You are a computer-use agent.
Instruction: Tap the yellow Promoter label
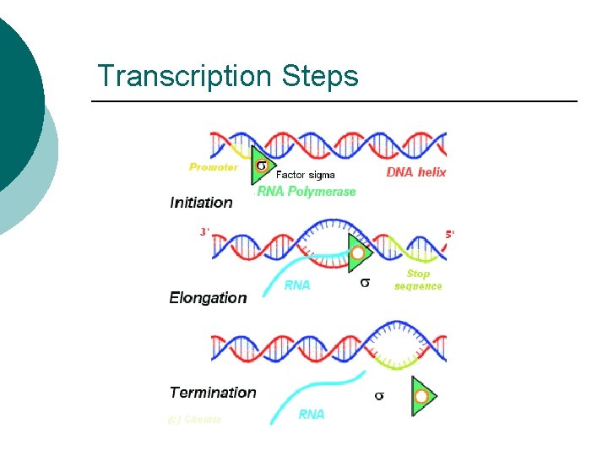coord(213,167)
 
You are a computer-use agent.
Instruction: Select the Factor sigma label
coord(305,175)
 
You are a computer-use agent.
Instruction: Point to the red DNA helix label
coord(416,172)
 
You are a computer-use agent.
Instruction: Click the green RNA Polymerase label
coord(307,192)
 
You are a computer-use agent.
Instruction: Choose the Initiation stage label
coord(201,203)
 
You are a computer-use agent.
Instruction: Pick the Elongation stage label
coord(208,297)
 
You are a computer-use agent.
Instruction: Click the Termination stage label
coord(212,392)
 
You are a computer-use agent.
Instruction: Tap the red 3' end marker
coord(204,231)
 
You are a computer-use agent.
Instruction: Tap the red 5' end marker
coord(449,234)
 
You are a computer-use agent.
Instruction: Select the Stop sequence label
coord(418,280)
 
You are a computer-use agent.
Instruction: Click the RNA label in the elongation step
coord(297,285)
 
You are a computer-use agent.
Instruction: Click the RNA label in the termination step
coord(312,414)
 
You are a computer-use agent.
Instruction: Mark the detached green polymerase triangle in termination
coord(422,396)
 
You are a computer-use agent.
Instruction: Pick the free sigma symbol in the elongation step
coord(365,283)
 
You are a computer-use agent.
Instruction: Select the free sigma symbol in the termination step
coord(379,395)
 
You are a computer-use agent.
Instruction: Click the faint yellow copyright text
coord(194,419)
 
